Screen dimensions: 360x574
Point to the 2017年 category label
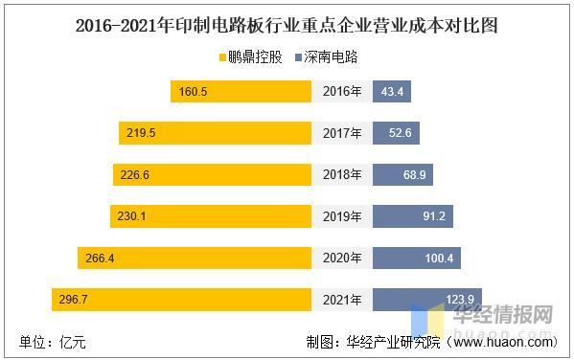click(x=342, y=133)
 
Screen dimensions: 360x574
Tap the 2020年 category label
click(x=342, y=259)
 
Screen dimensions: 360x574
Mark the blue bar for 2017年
click(x=395, y=133)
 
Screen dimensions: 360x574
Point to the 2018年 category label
click(x=342, y=175)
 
